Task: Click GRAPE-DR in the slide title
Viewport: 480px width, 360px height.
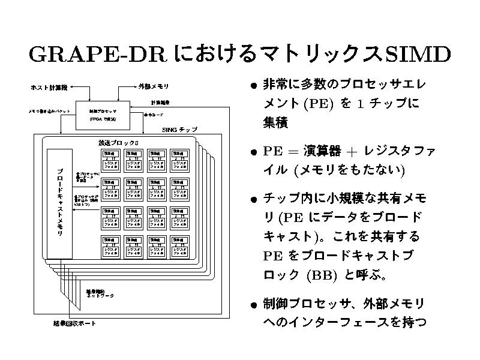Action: tap(97, 55)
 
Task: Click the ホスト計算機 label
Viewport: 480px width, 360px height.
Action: tap(49, 88)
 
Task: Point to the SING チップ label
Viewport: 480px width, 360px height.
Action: tap(180, 130)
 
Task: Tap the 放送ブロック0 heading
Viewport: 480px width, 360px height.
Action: tap(118, 143)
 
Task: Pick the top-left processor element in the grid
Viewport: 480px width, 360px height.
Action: tap(110, 161)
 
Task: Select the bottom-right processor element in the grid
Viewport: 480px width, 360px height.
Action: tap(181, 247)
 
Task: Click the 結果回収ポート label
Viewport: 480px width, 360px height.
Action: tap(74, 324)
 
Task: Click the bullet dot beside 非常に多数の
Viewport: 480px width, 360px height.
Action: tap(254, 85)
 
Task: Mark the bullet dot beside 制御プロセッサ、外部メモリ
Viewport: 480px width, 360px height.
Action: tap(254, 304)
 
